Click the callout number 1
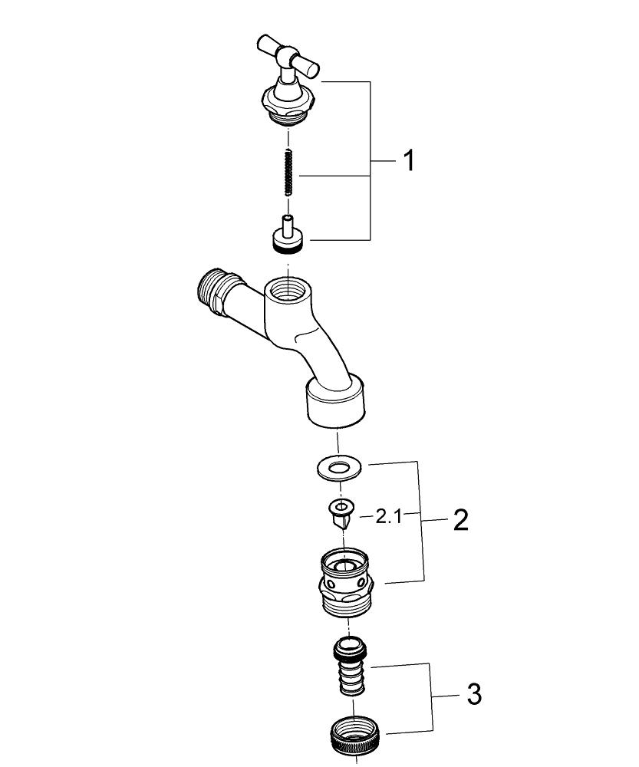409,160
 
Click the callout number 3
474,694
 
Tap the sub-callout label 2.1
388,516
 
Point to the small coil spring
289,172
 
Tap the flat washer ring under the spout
338,468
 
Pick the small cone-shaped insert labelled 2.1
342,513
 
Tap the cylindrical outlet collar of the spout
337,401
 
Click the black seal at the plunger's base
288,249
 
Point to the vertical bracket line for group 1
370,161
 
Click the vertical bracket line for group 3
431,695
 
